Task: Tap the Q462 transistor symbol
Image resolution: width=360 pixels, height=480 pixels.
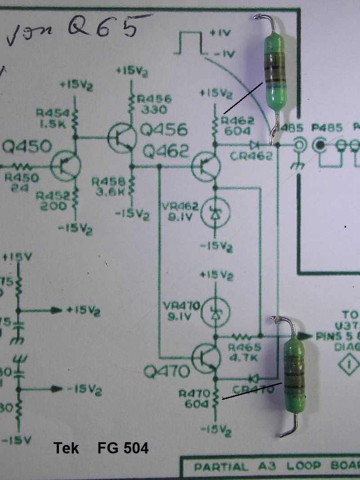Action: pyautogui.click(x=207, y=166)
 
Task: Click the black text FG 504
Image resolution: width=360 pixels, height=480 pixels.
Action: pyautogui.click(x=123, y=448)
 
